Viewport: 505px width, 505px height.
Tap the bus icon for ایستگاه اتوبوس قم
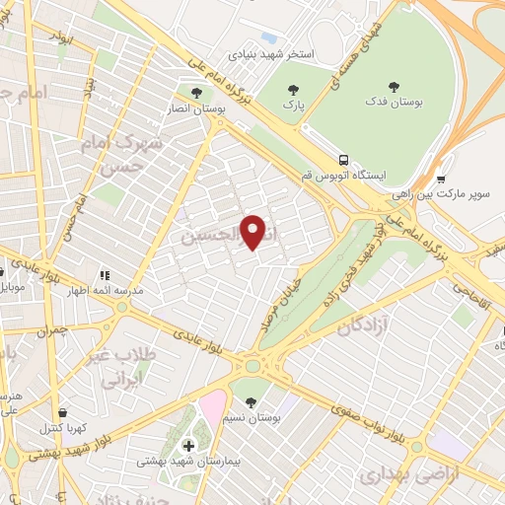pos(343,160)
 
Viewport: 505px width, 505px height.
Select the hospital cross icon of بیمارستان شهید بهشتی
pos(188,446)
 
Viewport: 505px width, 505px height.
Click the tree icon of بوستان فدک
pos(396,87)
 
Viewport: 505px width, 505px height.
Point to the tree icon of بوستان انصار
pos(196,93)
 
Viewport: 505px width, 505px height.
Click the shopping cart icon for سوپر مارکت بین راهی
pos(441,180)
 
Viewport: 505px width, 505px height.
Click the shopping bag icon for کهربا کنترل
pos(64,412)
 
